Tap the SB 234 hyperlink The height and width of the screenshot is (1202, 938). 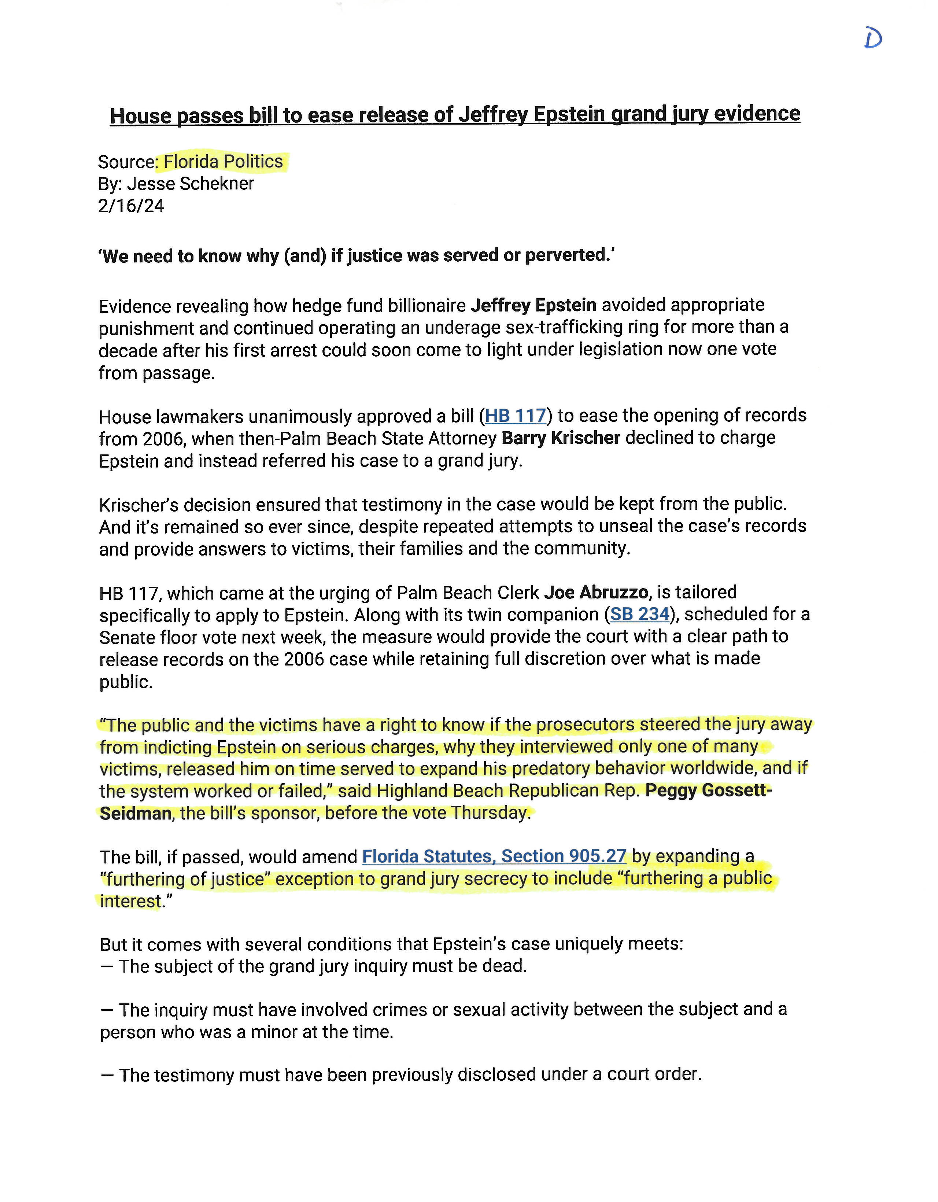click(639, 614)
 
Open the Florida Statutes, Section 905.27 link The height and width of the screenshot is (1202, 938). click(494, 856)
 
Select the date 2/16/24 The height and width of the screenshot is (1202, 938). click(131, 206)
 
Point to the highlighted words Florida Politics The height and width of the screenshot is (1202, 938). click(223, 162)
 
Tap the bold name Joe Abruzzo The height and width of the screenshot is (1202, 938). click(596, 592)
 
